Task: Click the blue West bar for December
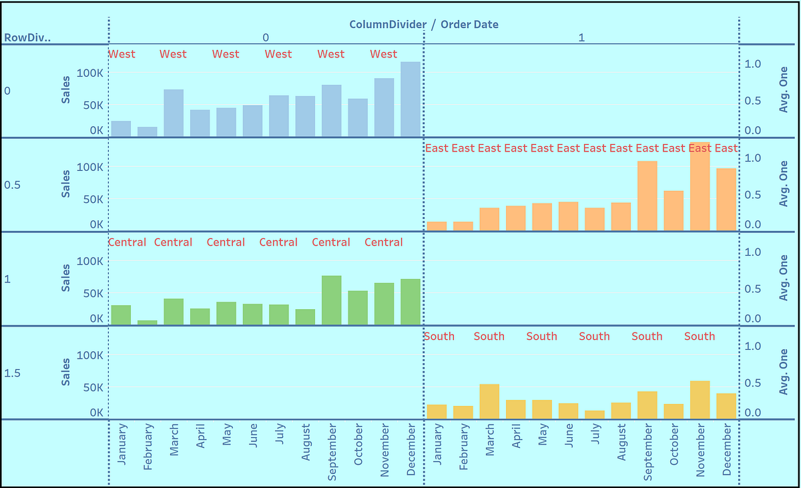411,100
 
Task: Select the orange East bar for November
700,188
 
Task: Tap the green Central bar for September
332,300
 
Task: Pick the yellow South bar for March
489,402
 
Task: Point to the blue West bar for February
148,132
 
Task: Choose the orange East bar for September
647,196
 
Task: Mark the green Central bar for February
148,322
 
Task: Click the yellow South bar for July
595,415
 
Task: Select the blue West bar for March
174,113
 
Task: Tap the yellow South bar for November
700,400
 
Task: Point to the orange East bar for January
437,226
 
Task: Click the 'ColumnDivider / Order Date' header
424,25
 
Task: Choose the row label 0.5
12,185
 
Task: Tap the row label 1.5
12,373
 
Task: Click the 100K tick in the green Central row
89,261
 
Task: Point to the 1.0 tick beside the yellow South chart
753,346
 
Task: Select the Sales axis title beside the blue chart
65,91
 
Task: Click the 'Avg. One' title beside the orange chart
784,184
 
